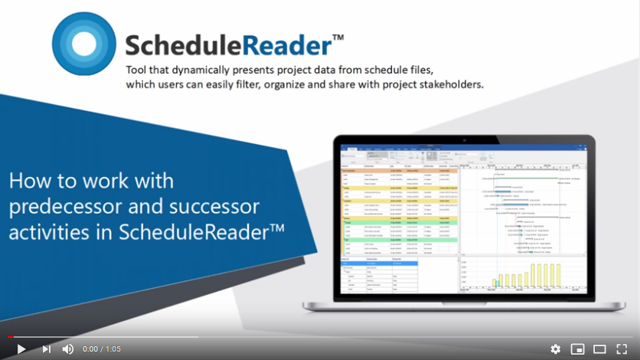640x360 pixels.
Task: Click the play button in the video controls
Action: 21,349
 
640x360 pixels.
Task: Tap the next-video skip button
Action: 47,349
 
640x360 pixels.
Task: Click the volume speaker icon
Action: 68,349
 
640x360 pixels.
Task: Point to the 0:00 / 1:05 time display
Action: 102,349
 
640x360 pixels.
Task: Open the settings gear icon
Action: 555,349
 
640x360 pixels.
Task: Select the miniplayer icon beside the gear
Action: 577,349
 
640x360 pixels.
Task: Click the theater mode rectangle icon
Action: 599,349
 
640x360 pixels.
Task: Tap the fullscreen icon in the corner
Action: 622,349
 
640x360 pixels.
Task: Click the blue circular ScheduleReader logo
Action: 84,44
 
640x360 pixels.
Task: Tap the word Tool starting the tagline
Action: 138,70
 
